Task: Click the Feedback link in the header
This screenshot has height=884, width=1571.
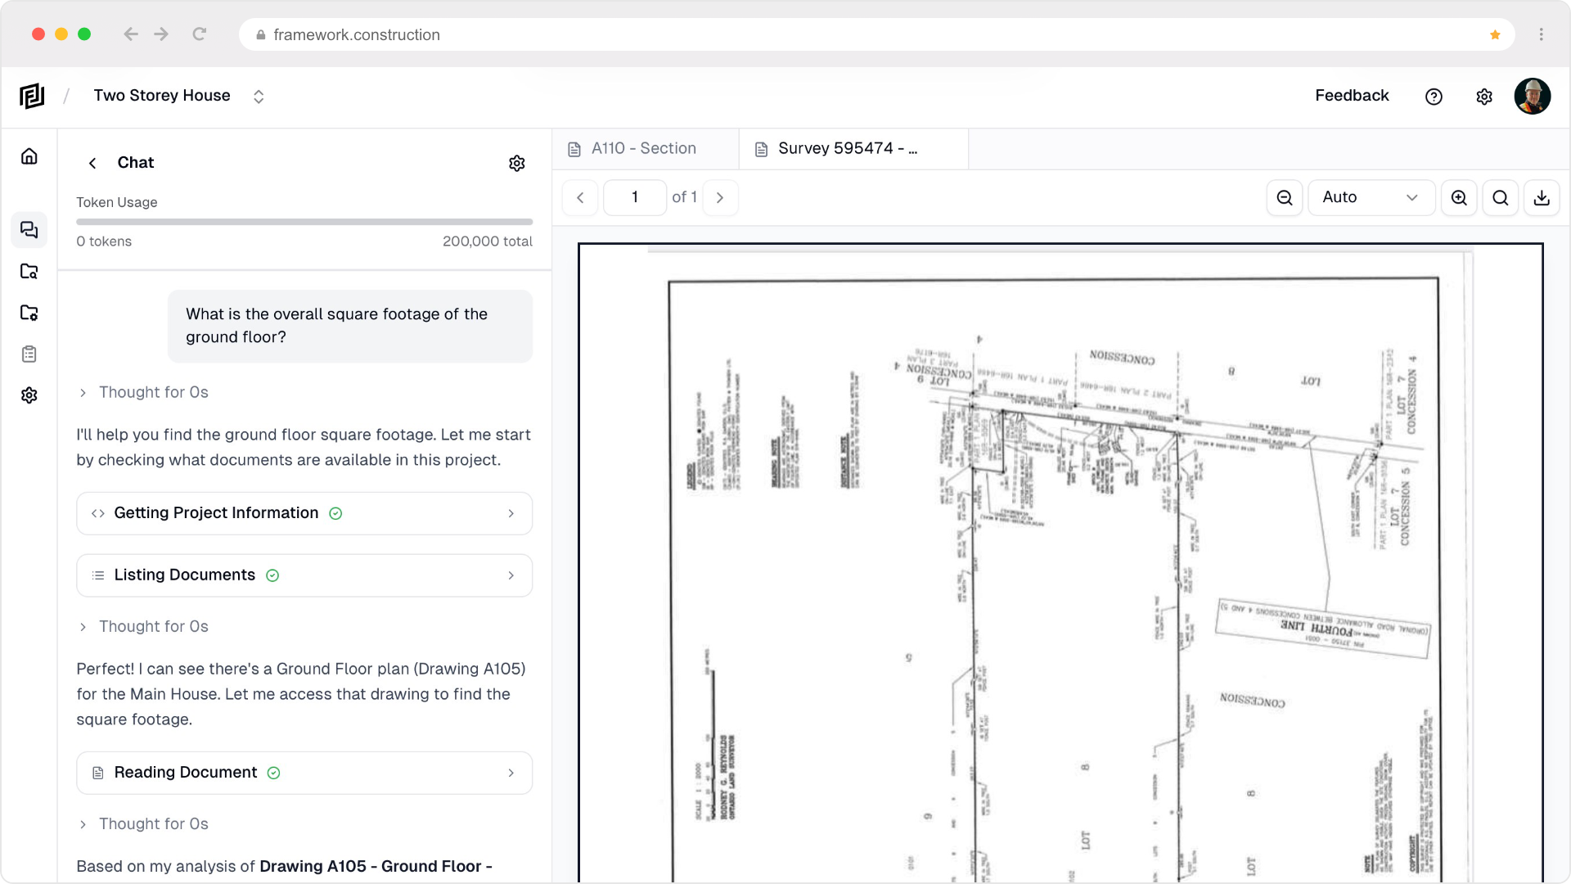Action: click(1352, 96)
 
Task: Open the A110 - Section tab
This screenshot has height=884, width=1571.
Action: click(644, 149)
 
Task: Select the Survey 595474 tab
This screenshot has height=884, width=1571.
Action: click(847, 149)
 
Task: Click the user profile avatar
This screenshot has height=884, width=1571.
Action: click(1532, 97)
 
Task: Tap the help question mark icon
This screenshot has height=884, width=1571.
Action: click(1434, 97)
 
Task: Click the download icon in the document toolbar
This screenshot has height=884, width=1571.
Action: click(1542, 197)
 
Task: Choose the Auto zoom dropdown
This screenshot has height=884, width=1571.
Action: click(1371, 197)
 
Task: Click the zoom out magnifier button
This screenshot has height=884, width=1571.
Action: click(1285, 197)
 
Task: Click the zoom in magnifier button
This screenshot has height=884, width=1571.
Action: click(1459, 197)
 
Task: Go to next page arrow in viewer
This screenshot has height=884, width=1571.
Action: click(720, 197)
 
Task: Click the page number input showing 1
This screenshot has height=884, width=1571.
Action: click(635, 197)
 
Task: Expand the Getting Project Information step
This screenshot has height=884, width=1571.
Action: click(304, 513)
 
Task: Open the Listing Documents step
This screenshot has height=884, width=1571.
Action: click(304, 575)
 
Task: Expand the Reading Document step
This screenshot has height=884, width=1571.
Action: click(304, 773)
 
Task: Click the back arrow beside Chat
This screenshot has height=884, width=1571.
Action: click(92, 163)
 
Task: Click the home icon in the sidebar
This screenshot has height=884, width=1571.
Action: click(29, 156)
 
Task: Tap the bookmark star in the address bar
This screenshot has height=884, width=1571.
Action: click(1495, 34)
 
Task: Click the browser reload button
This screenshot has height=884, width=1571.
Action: click(199, 34)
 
